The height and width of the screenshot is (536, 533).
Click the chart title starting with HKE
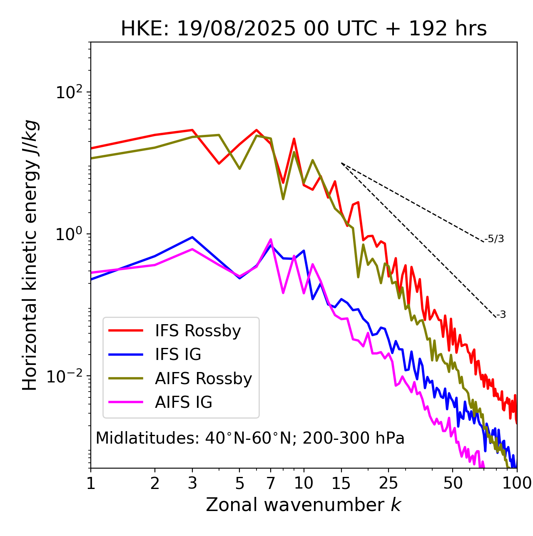[304, 29]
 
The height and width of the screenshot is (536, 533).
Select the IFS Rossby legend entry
[198, 331]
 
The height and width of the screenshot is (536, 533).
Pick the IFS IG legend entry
[178, 355]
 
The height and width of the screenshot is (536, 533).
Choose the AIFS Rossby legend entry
[203, 379]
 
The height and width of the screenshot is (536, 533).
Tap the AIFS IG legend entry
[184, 402]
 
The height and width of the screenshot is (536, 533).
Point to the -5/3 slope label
[495, 239]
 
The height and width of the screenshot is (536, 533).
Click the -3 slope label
[501, 315]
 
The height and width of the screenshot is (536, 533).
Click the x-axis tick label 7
[271, 483]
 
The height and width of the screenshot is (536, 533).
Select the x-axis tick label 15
[341, 483]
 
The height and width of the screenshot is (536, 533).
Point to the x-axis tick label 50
[453, 483]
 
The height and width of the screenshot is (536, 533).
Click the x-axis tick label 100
[516, 483]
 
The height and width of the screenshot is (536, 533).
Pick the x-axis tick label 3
[192, 483]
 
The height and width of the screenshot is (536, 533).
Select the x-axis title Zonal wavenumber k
[304, 505]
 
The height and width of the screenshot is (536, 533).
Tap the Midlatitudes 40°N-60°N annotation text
[250, 438]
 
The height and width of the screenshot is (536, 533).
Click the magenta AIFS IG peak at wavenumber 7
[271, 239]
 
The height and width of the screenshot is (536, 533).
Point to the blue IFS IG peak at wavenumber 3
[192, 237]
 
